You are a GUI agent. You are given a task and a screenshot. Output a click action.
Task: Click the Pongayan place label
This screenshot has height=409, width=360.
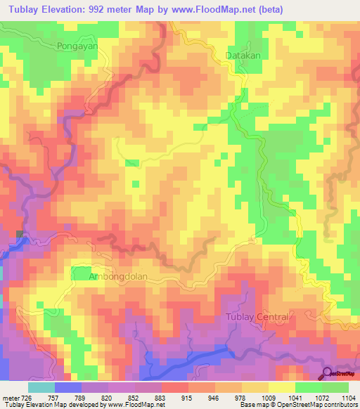pos(75,44)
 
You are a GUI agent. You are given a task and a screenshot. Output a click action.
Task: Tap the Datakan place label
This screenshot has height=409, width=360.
pos(243,55)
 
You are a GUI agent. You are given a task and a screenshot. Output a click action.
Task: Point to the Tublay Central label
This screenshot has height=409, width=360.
pos(256,317)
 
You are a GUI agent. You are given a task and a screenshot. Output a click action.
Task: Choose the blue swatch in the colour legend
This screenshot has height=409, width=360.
pos(68,387)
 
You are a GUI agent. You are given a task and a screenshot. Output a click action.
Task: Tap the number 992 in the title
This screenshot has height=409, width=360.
pos(120,9)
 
